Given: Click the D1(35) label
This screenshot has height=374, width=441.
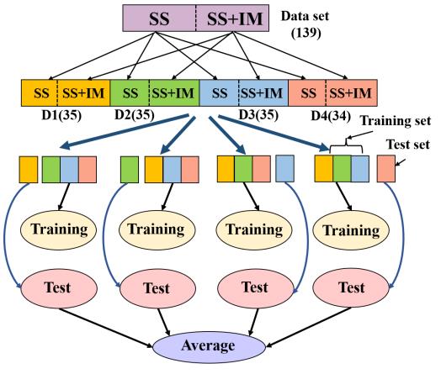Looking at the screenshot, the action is tap(61, 115).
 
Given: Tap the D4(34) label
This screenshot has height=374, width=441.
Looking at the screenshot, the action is tap(331, 116).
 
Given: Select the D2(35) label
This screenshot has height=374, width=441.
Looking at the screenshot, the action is tap(135, 115).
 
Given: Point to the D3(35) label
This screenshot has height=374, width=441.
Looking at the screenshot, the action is tap(258, 115).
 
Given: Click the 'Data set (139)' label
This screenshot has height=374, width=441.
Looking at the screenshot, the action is tap(306, 24).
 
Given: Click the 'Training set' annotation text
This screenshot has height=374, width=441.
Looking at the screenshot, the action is tap(396, 121).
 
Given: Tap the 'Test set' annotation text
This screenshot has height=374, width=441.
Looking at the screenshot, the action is tap(408, 145).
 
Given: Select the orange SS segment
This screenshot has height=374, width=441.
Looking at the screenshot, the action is tap(40, 93).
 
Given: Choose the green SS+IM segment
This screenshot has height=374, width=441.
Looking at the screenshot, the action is tap(174, 93).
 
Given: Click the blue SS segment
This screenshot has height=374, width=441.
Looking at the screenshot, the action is tap(219, 93).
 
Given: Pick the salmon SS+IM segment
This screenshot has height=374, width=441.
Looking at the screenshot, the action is tap(351, 93).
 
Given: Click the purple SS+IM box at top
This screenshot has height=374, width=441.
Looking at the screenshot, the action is tap(232, 18).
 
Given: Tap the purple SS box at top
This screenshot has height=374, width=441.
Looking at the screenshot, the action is tap(159, 18).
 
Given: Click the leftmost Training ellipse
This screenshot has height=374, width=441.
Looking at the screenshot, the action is tap(59, 230).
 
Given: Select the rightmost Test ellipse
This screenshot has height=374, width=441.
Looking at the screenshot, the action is tap(351, 288).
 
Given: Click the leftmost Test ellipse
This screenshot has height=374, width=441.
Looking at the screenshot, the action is tap(59, 288).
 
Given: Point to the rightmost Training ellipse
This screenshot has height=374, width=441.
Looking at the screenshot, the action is tap(351, 230).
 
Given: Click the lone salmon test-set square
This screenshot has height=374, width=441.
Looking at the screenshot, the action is tap(386, 168).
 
